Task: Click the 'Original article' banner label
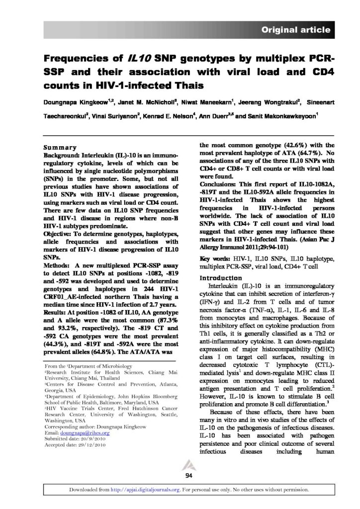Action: pyautogui.click(x=296, y=30)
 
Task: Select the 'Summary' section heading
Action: pyautogui.click(x=60, y=147)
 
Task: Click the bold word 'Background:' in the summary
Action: pyautogui.click(x=62, y=155)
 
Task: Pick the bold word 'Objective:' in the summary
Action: pyautogui.click(x=60, y=232)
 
